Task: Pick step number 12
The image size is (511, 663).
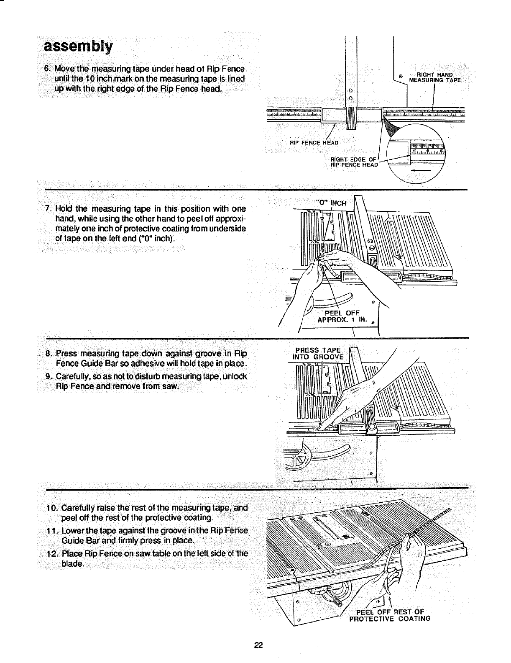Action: click(51, 554)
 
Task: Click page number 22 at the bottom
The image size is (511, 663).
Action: click(258, 645)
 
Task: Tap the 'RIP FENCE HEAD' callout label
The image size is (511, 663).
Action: click(314, 142)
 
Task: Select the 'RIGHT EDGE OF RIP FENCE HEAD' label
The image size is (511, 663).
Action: click(354, 162)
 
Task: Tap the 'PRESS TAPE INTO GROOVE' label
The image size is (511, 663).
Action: click(319, 354)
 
